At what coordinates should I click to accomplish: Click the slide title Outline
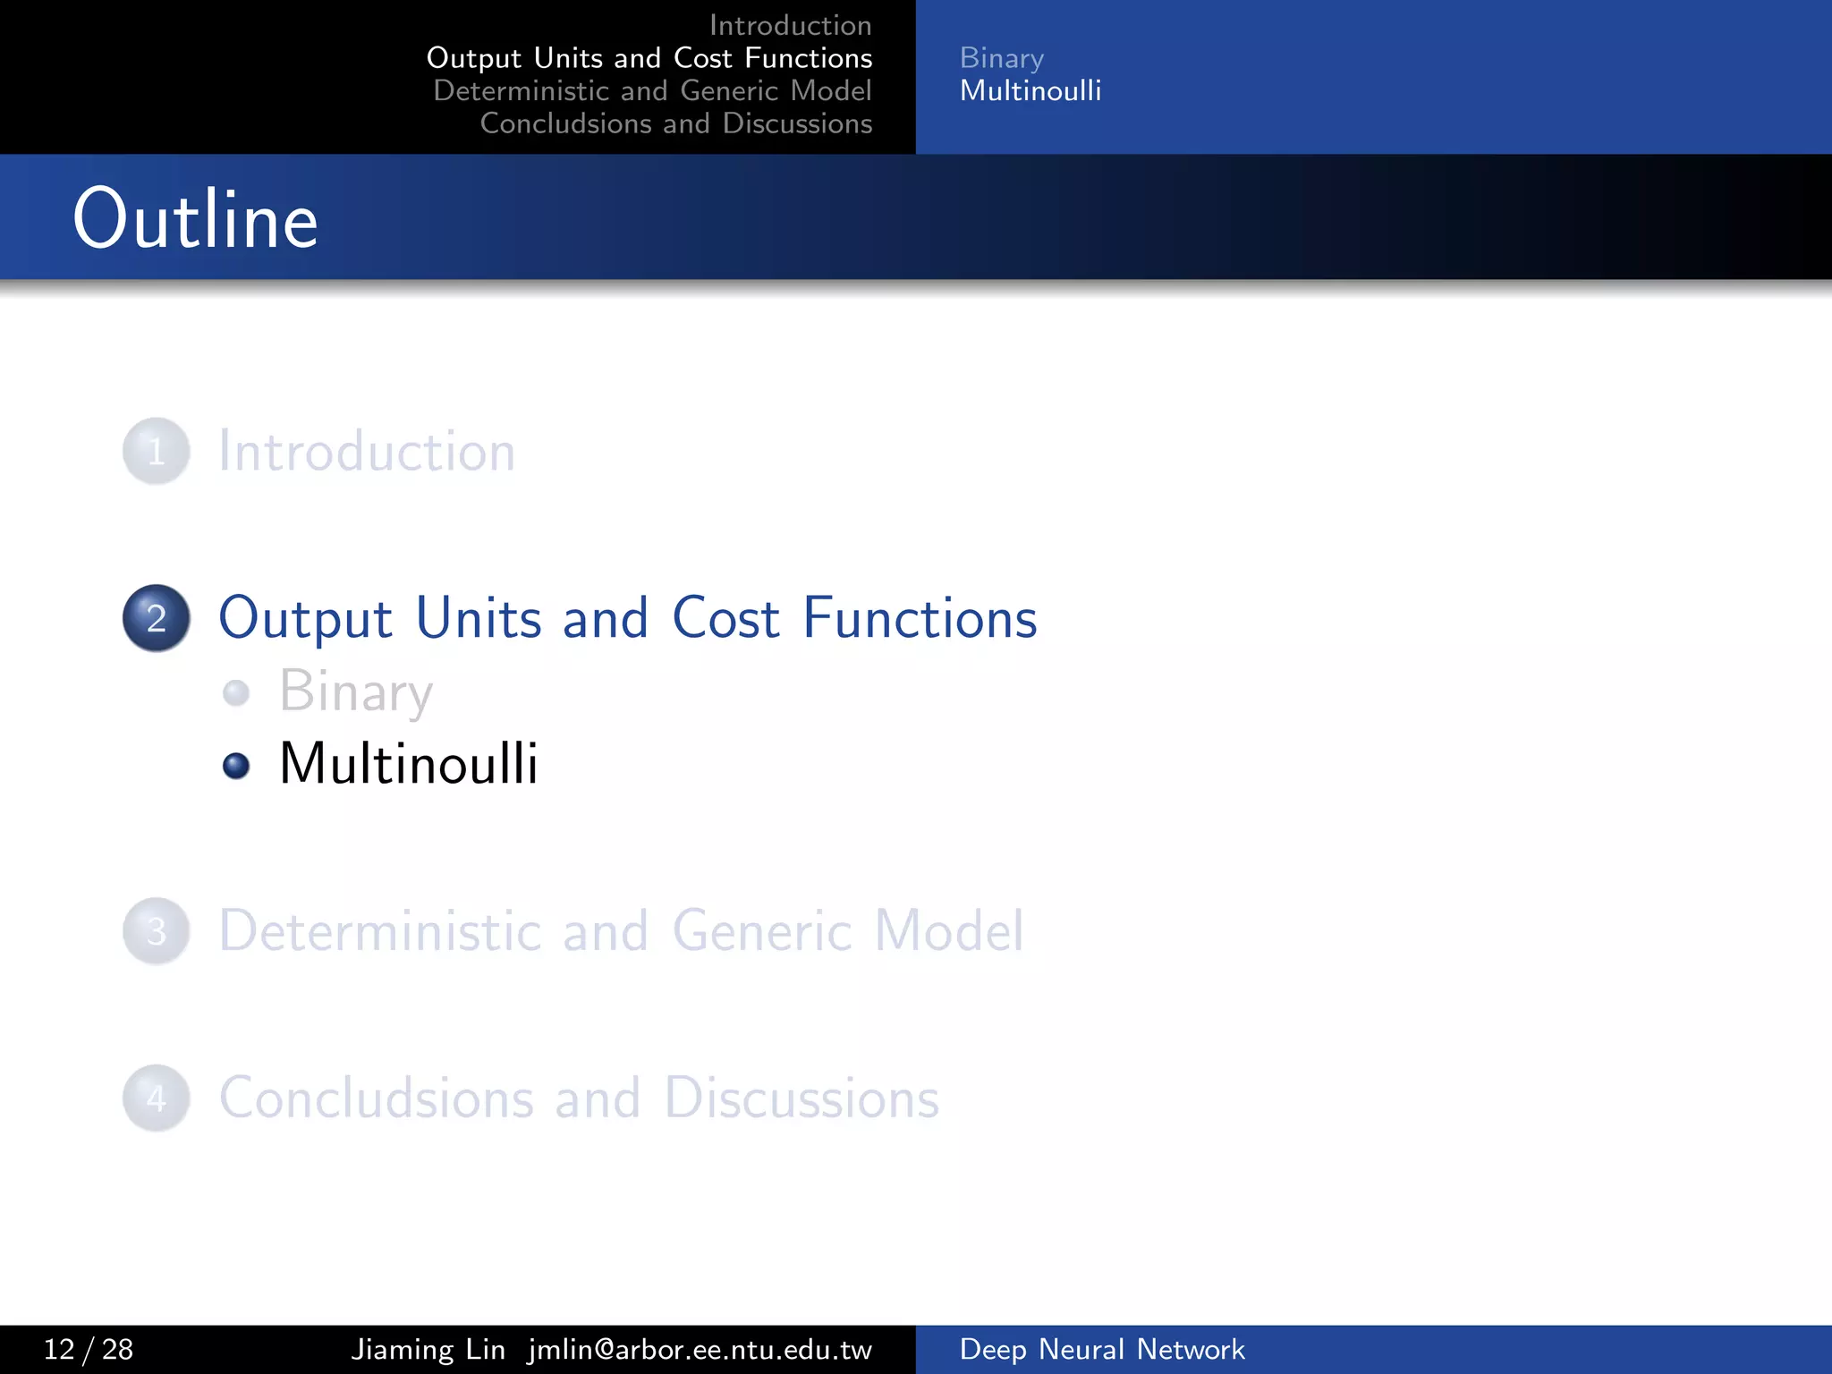(x=195, y=219)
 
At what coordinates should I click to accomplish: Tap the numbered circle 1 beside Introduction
(x=157, y=452)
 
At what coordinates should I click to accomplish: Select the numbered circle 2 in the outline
(x=157, y=618)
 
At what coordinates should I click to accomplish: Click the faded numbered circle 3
(x=157, y=931)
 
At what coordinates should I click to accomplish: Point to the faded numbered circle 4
(x=157, y=1098)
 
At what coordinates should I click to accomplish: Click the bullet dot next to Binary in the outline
(x=236, y=692)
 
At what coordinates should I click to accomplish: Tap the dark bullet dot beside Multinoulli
(x=236, y=766)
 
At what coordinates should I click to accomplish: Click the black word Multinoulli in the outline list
(x=409, y=764)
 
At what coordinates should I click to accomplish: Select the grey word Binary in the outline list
(x=356, y=692)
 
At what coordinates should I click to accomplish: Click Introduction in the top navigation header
(x=790, y=25)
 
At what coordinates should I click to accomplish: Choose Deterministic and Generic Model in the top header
(x=652, y=90)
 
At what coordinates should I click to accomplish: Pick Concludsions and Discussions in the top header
(x=675, y=123)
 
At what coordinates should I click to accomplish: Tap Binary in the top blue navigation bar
(x=1001, y=58)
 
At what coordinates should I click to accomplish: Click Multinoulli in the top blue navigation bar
(x=1030, y=90)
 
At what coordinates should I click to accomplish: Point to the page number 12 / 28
(x=89, y=1349)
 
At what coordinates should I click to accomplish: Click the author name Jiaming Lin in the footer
(x=428, y=1349)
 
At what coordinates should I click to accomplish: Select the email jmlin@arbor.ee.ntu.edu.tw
(x=700, y=1349)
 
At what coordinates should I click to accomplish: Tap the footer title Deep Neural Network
(x=1102, y=1349)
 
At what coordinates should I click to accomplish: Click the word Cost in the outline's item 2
(x=725, y=618)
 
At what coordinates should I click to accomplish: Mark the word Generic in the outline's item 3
(x=762, y=931)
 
